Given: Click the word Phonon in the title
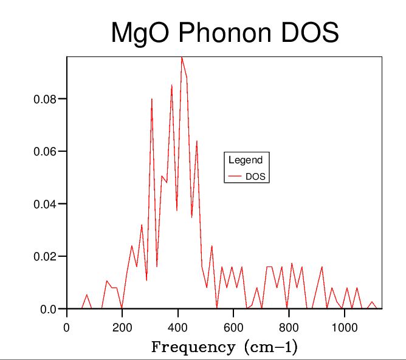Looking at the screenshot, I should click(216, 33).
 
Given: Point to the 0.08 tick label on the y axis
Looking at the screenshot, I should click(46, 99).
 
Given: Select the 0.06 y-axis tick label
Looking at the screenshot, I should click(46, 151).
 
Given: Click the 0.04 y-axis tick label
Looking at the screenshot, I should click(46, 204).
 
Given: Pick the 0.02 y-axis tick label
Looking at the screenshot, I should click(46, 257).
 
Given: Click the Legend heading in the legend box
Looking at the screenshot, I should click(246, 160).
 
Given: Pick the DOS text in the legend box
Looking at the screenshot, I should click(256, 177).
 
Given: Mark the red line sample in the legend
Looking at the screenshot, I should click(235, 177).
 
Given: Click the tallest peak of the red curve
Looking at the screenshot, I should click(181, 57).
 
